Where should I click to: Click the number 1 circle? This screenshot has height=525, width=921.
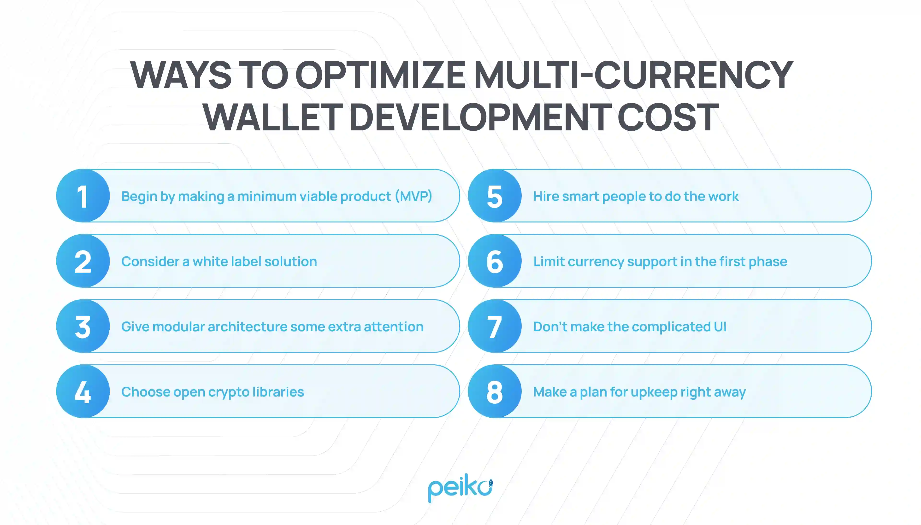click(83, 196)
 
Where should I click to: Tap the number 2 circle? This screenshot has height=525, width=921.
click(83, 261)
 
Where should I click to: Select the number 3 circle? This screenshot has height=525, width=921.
click(83, 326)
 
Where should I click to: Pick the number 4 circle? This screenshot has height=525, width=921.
click(83, 391)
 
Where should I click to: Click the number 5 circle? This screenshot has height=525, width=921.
click(495, 196)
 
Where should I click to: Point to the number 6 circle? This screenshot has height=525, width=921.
click(495, 261)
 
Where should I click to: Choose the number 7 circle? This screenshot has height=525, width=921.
click(495, 326)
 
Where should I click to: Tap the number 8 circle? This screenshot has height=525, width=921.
click(495, 391)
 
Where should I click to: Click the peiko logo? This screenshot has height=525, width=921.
click(460, 488)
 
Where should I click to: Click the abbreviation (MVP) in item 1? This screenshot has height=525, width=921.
click(413, 196)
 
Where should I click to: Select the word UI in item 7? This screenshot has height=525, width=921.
click(720, 327)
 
